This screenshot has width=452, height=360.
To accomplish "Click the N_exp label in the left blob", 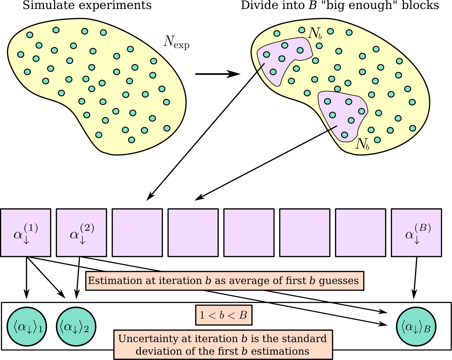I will (x=176, y=42).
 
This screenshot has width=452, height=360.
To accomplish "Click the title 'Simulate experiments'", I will (x=87, y=5).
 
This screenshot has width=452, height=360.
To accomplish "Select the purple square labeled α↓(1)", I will (x=26, y=233).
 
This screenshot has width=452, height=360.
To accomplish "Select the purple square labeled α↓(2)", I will (x=81, y=233).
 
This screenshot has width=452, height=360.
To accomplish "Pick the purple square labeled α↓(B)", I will (x=416, y=233).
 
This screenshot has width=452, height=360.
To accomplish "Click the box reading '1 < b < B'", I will (x=223, y=315).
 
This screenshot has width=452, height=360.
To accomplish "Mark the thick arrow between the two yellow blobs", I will (x=217, y=74).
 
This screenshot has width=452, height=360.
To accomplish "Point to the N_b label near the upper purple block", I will (x=315, y=34).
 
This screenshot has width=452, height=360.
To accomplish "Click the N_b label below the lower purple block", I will (x=362, y=144).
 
